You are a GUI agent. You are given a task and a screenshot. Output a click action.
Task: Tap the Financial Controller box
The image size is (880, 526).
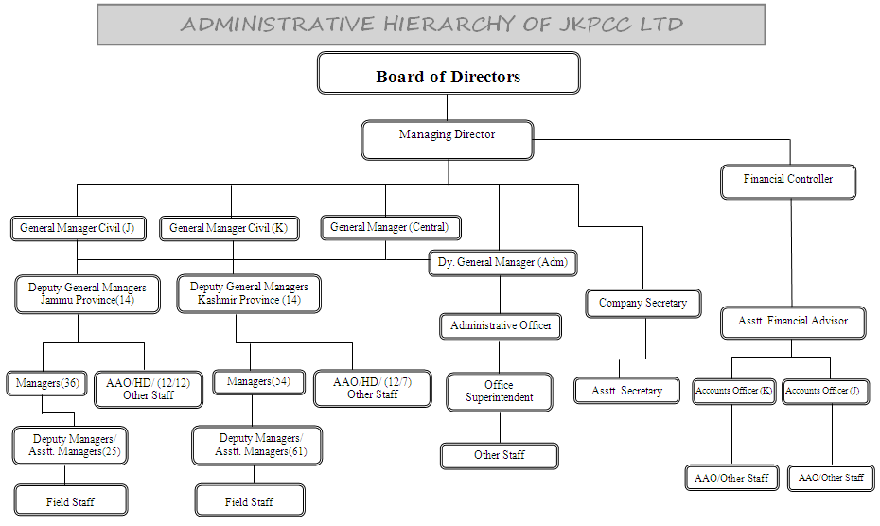tap(787, 180)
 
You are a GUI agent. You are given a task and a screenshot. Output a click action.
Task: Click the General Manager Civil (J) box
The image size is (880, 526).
tap(77, 228)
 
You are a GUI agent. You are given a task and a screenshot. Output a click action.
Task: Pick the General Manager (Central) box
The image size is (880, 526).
tap(390, 227)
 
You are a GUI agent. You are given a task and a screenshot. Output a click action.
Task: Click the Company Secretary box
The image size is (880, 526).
tap(642, 304)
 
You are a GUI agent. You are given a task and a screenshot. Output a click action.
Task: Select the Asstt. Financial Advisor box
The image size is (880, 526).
tap(793, 322)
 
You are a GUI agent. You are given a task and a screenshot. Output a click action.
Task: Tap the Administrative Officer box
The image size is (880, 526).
tap(501, 326)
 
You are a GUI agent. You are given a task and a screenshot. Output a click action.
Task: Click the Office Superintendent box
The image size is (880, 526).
tap(499, 392)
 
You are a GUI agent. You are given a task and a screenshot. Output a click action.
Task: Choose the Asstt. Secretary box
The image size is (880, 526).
tap(626, 391)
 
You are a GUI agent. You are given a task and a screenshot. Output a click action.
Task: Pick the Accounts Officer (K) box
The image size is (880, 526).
tap(733, 391)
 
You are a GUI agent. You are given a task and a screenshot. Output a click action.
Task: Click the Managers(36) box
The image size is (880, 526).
tap(46, 383)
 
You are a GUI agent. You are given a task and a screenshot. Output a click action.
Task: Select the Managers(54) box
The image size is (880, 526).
tap(251, 382)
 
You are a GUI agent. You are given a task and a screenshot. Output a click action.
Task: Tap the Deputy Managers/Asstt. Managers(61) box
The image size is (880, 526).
tap(257, 445)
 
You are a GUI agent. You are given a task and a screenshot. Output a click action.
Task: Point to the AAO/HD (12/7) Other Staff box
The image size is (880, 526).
tap(372, 388)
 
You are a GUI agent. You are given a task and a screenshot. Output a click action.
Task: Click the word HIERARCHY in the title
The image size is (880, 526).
tap(450, 25)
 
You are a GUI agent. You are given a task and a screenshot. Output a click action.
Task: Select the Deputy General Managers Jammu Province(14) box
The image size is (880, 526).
tap(87, 293)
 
